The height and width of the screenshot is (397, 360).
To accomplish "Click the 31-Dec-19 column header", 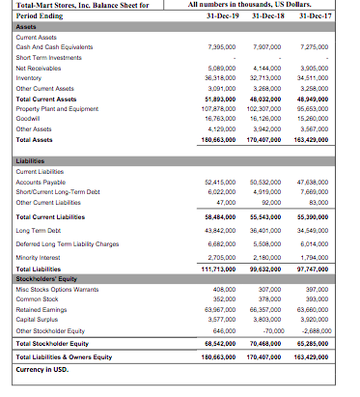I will [x=221, y=17].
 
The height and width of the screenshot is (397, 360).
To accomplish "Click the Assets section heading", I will [x=18, y=27].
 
